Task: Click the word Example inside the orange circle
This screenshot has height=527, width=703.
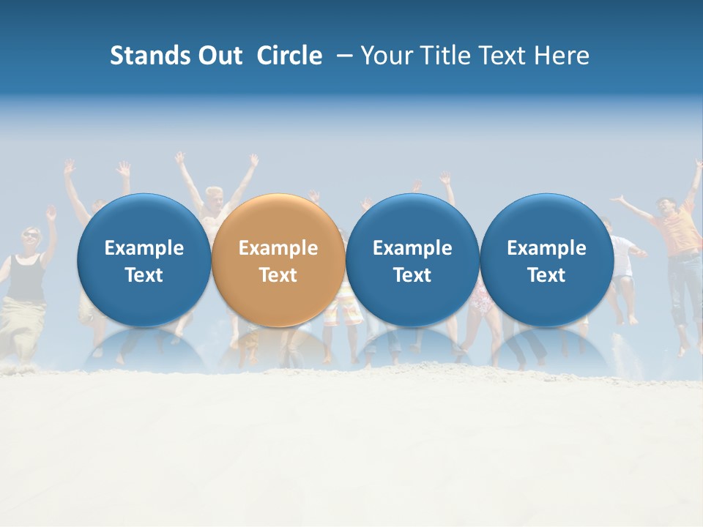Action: click(x=278, y=248)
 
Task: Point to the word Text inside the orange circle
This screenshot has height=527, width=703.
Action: click(x=278, y=275)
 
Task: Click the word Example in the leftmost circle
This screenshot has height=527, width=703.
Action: click(x=144, y=248)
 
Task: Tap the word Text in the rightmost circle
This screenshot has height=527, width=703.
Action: click(x=546, y=275)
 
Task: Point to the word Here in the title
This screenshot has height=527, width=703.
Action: click(x=562, y=56)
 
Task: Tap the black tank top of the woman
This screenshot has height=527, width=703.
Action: click(x=27, y=277)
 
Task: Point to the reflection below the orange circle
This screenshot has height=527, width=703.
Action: click(x=278, y=348)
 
